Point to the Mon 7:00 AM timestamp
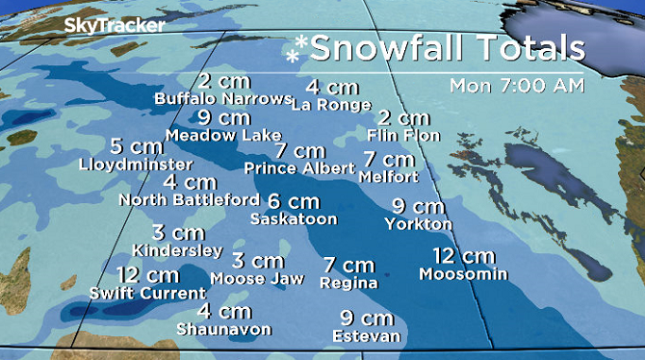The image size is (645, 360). pos(516,85)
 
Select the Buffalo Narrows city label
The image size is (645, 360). pos(222,98)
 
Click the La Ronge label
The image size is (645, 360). pos(329,104)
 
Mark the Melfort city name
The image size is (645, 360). pos(388,177)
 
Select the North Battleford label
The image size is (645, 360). pos(189,199)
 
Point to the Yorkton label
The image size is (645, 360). pos(418,224)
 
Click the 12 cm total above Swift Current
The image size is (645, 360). pos(141,274)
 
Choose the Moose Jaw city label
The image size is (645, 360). pos(257,278)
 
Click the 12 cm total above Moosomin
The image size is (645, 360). pos(464,256)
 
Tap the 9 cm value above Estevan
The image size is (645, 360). pos(368,318)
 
